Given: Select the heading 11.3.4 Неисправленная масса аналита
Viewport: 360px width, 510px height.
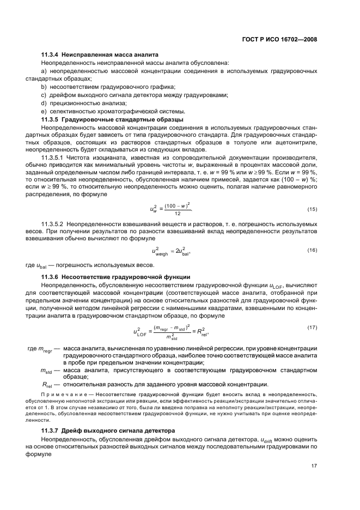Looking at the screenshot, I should tap(100, 55).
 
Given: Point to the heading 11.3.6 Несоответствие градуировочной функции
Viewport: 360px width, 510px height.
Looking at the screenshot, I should tap(115, 276).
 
